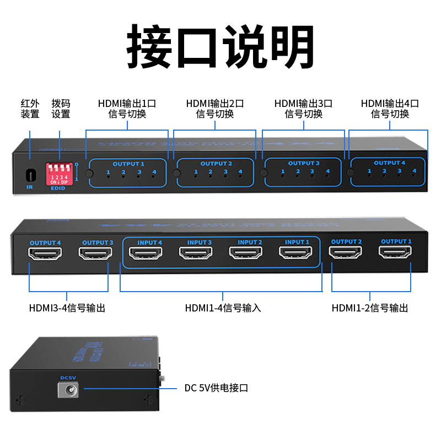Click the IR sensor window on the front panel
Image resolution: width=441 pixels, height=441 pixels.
pos(30,175)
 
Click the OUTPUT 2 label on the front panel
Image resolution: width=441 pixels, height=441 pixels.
pos(216,164)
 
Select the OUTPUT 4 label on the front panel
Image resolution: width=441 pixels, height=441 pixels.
pos(389,163)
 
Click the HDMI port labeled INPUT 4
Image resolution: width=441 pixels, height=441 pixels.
pos(146,253)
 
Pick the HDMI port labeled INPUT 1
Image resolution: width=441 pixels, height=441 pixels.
pos(297,253)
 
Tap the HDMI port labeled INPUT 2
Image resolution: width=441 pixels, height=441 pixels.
pos(246,253)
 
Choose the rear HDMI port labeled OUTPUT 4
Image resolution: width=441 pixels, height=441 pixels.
pos(45,254)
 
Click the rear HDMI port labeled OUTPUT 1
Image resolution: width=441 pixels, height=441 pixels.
pos(395,252)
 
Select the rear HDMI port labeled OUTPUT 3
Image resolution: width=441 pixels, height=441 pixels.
pos(95,254)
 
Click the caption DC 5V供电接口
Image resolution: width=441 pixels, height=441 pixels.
pos(216,388)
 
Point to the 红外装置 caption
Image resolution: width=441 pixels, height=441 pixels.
pos(30,109)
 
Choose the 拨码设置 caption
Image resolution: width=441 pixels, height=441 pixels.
pos(61,109)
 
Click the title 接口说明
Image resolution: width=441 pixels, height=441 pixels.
pos(220,47)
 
